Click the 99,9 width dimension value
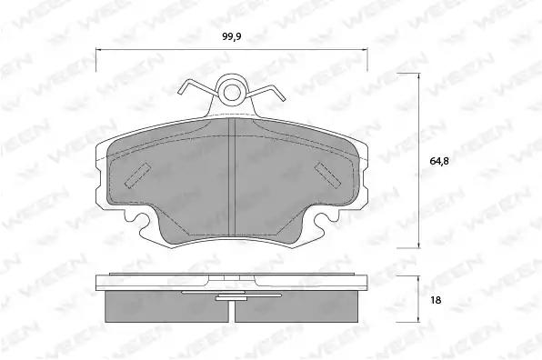click(232, 36)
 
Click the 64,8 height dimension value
click(439, 161)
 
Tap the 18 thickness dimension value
click(436, 300)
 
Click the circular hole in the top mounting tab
click(232, 92)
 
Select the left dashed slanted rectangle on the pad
click(137, 175)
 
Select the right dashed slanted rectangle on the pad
click(327, 175)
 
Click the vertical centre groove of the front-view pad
click(232, 178)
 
